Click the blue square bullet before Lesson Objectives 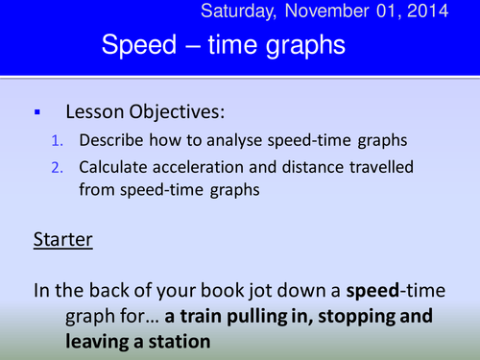click(36, 112)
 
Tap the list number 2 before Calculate click(57, 167)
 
